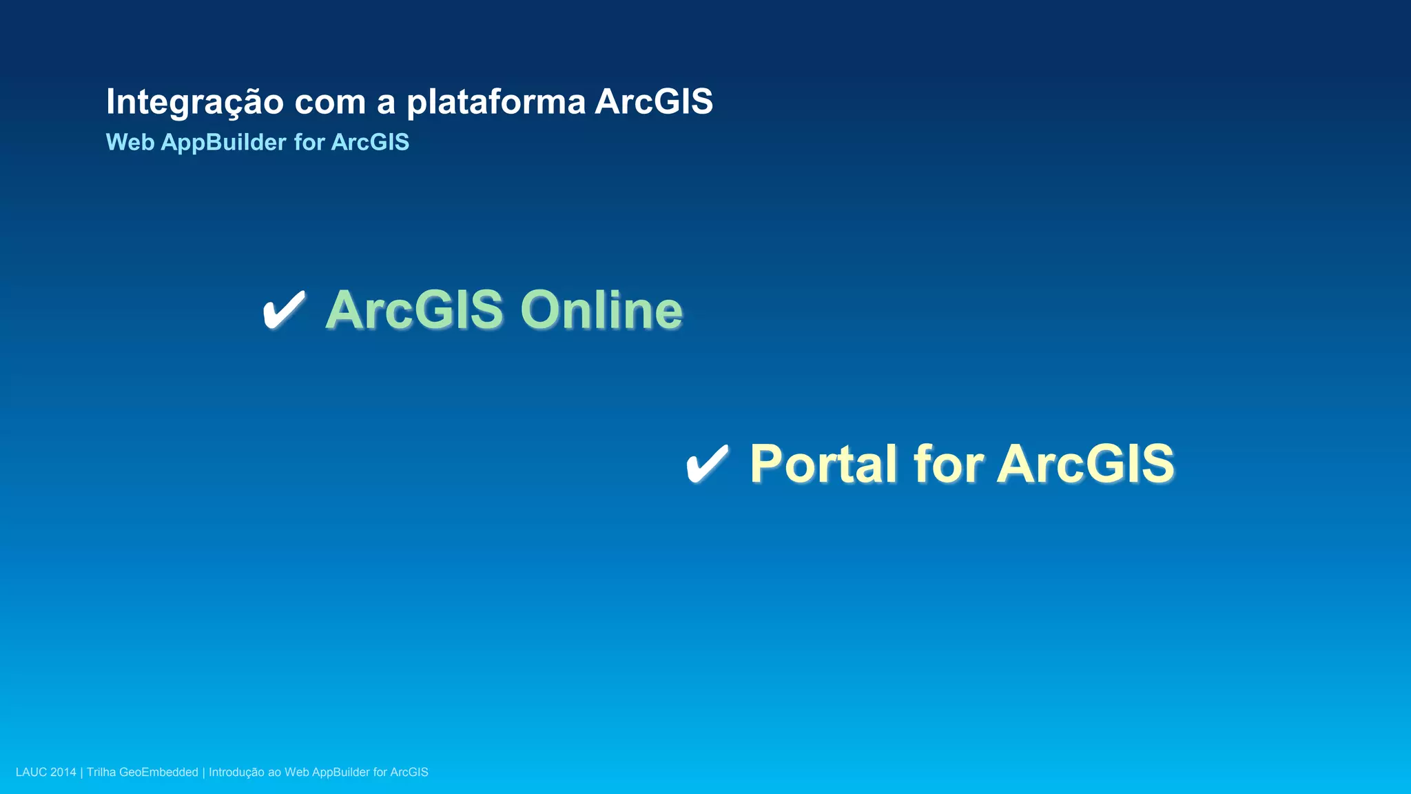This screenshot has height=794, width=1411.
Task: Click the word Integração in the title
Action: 194,102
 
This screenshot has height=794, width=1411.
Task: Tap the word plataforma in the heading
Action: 496,102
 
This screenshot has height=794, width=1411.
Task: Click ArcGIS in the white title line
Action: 654,102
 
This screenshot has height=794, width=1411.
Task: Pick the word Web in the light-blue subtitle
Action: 130,142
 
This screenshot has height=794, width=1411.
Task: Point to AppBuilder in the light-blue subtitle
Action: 223,142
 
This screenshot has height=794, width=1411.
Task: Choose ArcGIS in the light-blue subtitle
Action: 370,142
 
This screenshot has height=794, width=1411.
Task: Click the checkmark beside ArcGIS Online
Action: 283,310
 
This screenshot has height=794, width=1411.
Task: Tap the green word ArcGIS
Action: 415,310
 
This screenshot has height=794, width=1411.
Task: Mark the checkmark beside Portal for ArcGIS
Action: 707,464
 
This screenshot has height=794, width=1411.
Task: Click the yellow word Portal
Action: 823,464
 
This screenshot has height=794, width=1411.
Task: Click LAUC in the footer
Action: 32,773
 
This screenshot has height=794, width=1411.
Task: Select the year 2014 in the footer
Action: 63,773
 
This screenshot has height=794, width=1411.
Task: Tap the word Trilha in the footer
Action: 101,773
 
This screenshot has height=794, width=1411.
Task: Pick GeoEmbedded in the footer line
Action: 158,773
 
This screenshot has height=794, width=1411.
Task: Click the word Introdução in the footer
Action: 236,773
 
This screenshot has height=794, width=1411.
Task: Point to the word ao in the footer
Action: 274,773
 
